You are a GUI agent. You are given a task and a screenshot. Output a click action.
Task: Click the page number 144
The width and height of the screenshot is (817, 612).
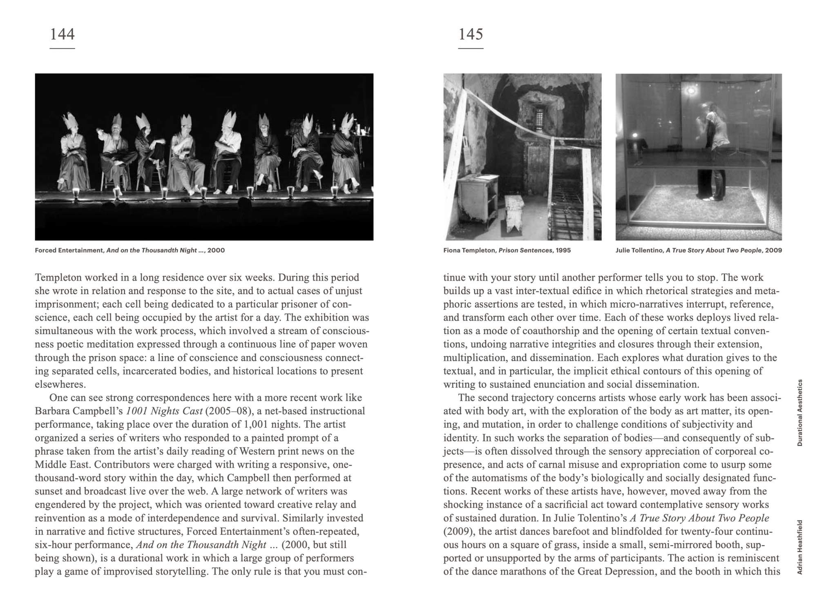[x=62, y=34]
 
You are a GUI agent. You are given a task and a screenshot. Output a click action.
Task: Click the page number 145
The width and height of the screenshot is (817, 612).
[x=471, y=34]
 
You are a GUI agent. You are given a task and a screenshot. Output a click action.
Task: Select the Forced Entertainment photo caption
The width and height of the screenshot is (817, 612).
[x=129, y=250]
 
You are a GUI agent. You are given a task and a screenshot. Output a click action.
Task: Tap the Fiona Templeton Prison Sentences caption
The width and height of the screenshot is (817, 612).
[x=507, y=250]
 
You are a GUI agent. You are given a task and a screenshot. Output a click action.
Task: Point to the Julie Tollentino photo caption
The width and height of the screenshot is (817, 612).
[x=699, y=250]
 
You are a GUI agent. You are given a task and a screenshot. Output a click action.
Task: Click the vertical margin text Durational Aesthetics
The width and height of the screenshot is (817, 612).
[x=800, y=412]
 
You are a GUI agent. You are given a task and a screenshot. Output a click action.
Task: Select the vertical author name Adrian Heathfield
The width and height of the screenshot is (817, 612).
[x=800, y=547]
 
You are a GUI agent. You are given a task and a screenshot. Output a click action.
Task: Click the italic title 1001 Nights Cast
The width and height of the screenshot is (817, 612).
[x=164, y=411]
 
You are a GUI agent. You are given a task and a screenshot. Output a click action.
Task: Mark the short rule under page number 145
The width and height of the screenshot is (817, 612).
[x=471, y=49]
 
